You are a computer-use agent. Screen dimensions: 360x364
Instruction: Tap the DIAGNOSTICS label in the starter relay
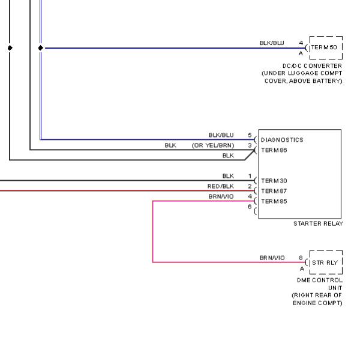point(282,140)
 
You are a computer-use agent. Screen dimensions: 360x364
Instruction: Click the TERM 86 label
point(274,150)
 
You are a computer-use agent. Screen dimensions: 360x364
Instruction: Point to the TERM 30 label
point(274,181)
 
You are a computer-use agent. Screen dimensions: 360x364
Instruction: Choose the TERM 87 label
point(274,191)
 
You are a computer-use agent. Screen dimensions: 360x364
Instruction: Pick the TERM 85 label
point(274,201)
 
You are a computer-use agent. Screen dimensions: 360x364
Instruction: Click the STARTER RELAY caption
point(318,223)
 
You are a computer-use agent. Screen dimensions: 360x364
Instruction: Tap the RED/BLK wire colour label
point(221,186)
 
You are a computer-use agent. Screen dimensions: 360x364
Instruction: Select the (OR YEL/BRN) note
point(213,145)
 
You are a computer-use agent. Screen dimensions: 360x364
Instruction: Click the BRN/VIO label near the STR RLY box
point(272,258)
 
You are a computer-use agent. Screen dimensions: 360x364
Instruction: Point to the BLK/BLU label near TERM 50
point(272,43)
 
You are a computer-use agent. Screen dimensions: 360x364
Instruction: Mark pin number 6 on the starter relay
point(250,207)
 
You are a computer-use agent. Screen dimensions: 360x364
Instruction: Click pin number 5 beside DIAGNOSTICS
point(250,135)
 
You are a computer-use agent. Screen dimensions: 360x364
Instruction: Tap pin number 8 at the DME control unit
point(301,258)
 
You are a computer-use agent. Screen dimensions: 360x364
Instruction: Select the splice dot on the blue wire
point(41,48)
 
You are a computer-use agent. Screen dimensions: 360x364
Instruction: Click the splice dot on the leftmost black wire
point(10,48)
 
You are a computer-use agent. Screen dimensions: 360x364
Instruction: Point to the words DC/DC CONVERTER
point(312,65)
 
